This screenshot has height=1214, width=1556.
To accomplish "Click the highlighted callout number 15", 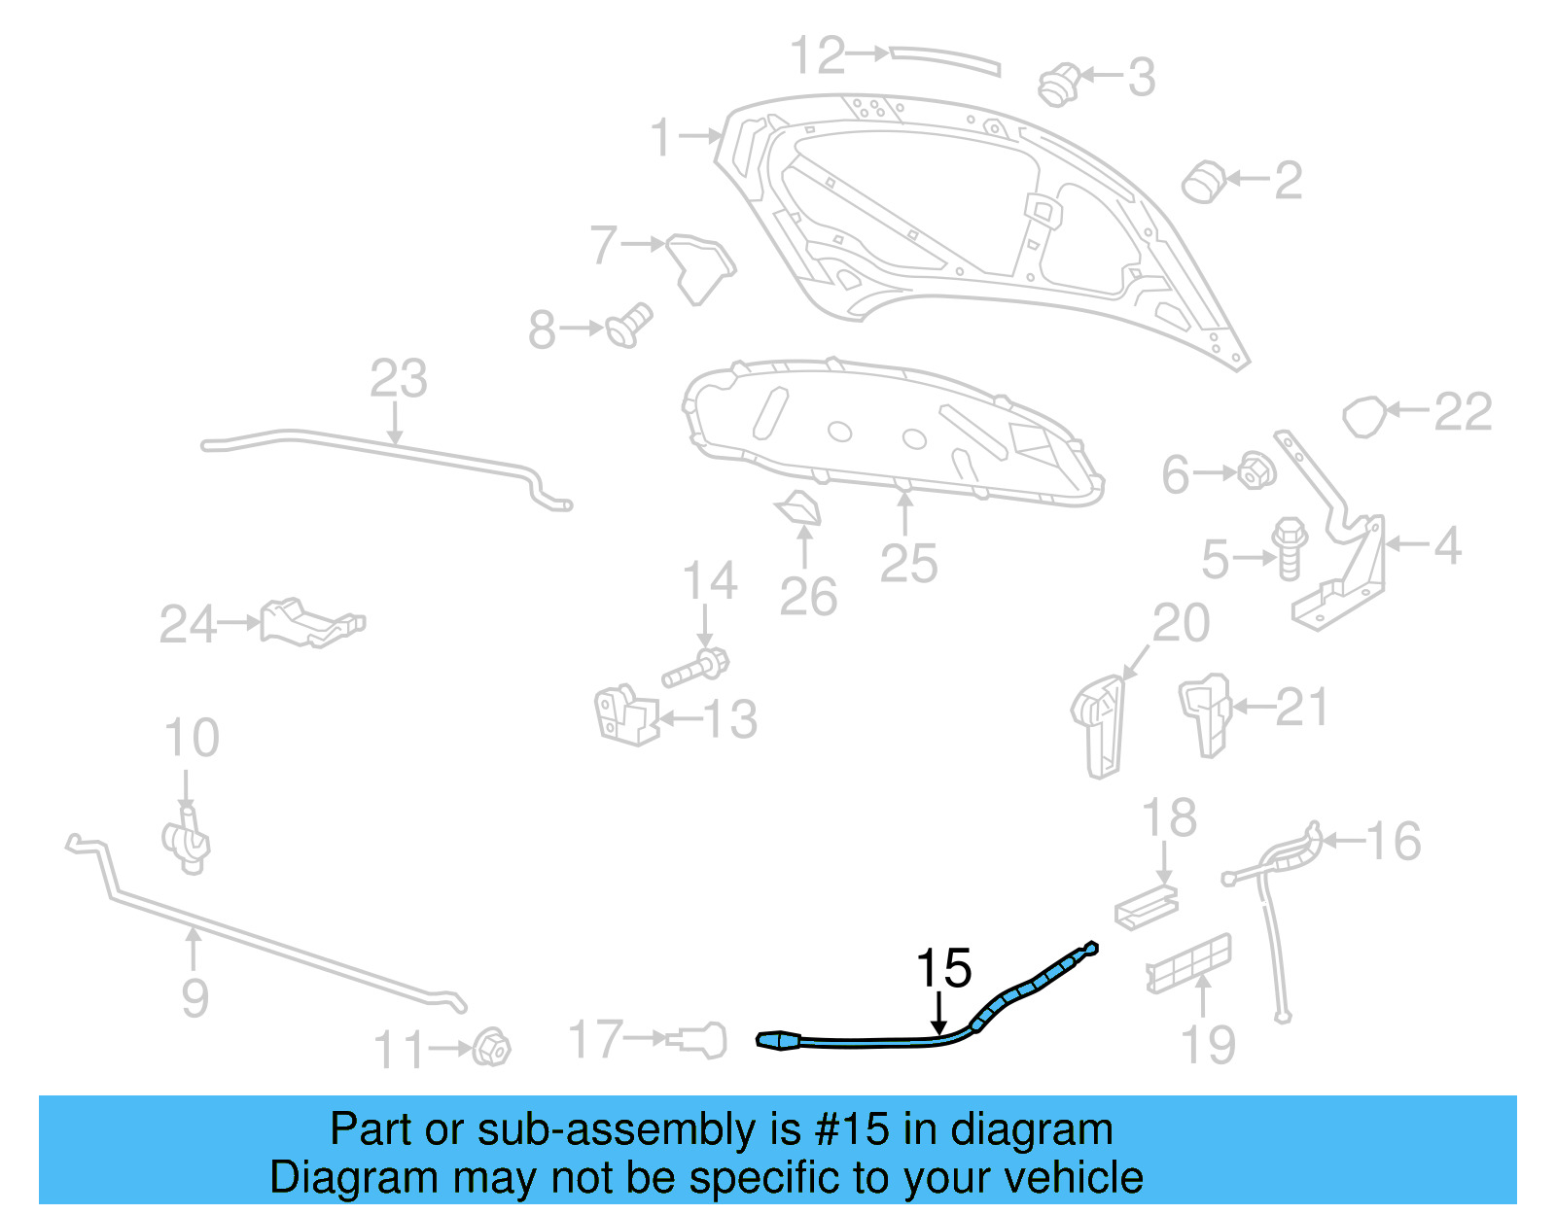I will (942, 968).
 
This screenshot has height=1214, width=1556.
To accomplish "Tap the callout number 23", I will (399, 379).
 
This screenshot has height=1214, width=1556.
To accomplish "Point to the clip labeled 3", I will (1058, 85).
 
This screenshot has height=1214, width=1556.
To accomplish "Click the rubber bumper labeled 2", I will (1204, 181).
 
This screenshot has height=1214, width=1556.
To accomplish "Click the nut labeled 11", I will (492, 1047).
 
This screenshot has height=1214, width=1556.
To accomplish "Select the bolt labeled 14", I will (696, 668).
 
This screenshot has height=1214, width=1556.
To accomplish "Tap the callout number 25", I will (908, 564).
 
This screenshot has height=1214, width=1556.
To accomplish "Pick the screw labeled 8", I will (629, 325).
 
